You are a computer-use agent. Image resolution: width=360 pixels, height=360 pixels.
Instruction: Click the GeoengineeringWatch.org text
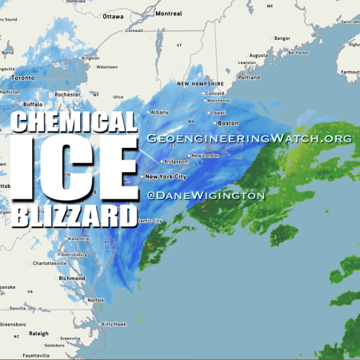pyautogui.click(x=249, y=138)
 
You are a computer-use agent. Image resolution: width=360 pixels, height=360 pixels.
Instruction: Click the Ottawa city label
pyautogui.click(x=113, y=16)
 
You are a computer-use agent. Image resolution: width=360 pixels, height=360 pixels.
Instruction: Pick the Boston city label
pyautogui.click(x=228, y=123)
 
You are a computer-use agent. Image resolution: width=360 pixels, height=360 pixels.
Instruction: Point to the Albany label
pyautogui.click(x=160, y=112)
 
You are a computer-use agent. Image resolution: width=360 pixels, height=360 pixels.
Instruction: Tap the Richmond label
pyautogui.click(x=71, y=278)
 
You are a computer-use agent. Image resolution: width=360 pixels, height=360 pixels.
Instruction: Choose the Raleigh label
pyautogui.click(x=39, y=334)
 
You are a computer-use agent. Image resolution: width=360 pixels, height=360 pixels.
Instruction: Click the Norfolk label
pyautogui.click(x=95, y=299)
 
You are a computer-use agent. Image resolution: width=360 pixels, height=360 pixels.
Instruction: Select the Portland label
pyautogui.click(x=249, y=78)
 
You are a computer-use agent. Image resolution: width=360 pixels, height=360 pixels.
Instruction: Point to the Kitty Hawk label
pyautogui.click(x=114, y=324)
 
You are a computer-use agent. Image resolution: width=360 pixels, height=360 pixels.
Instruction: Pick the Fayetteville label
pyautogui.click(x=36, y=354)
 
